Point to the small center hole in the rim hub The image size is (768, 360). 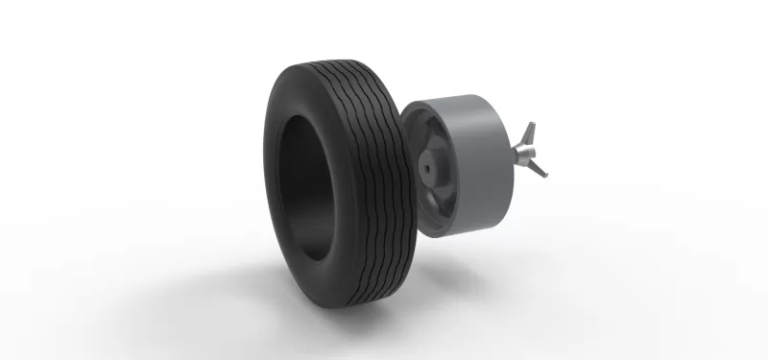(426, 167)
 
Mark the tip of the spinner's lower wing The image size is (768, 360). (544, 175)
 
